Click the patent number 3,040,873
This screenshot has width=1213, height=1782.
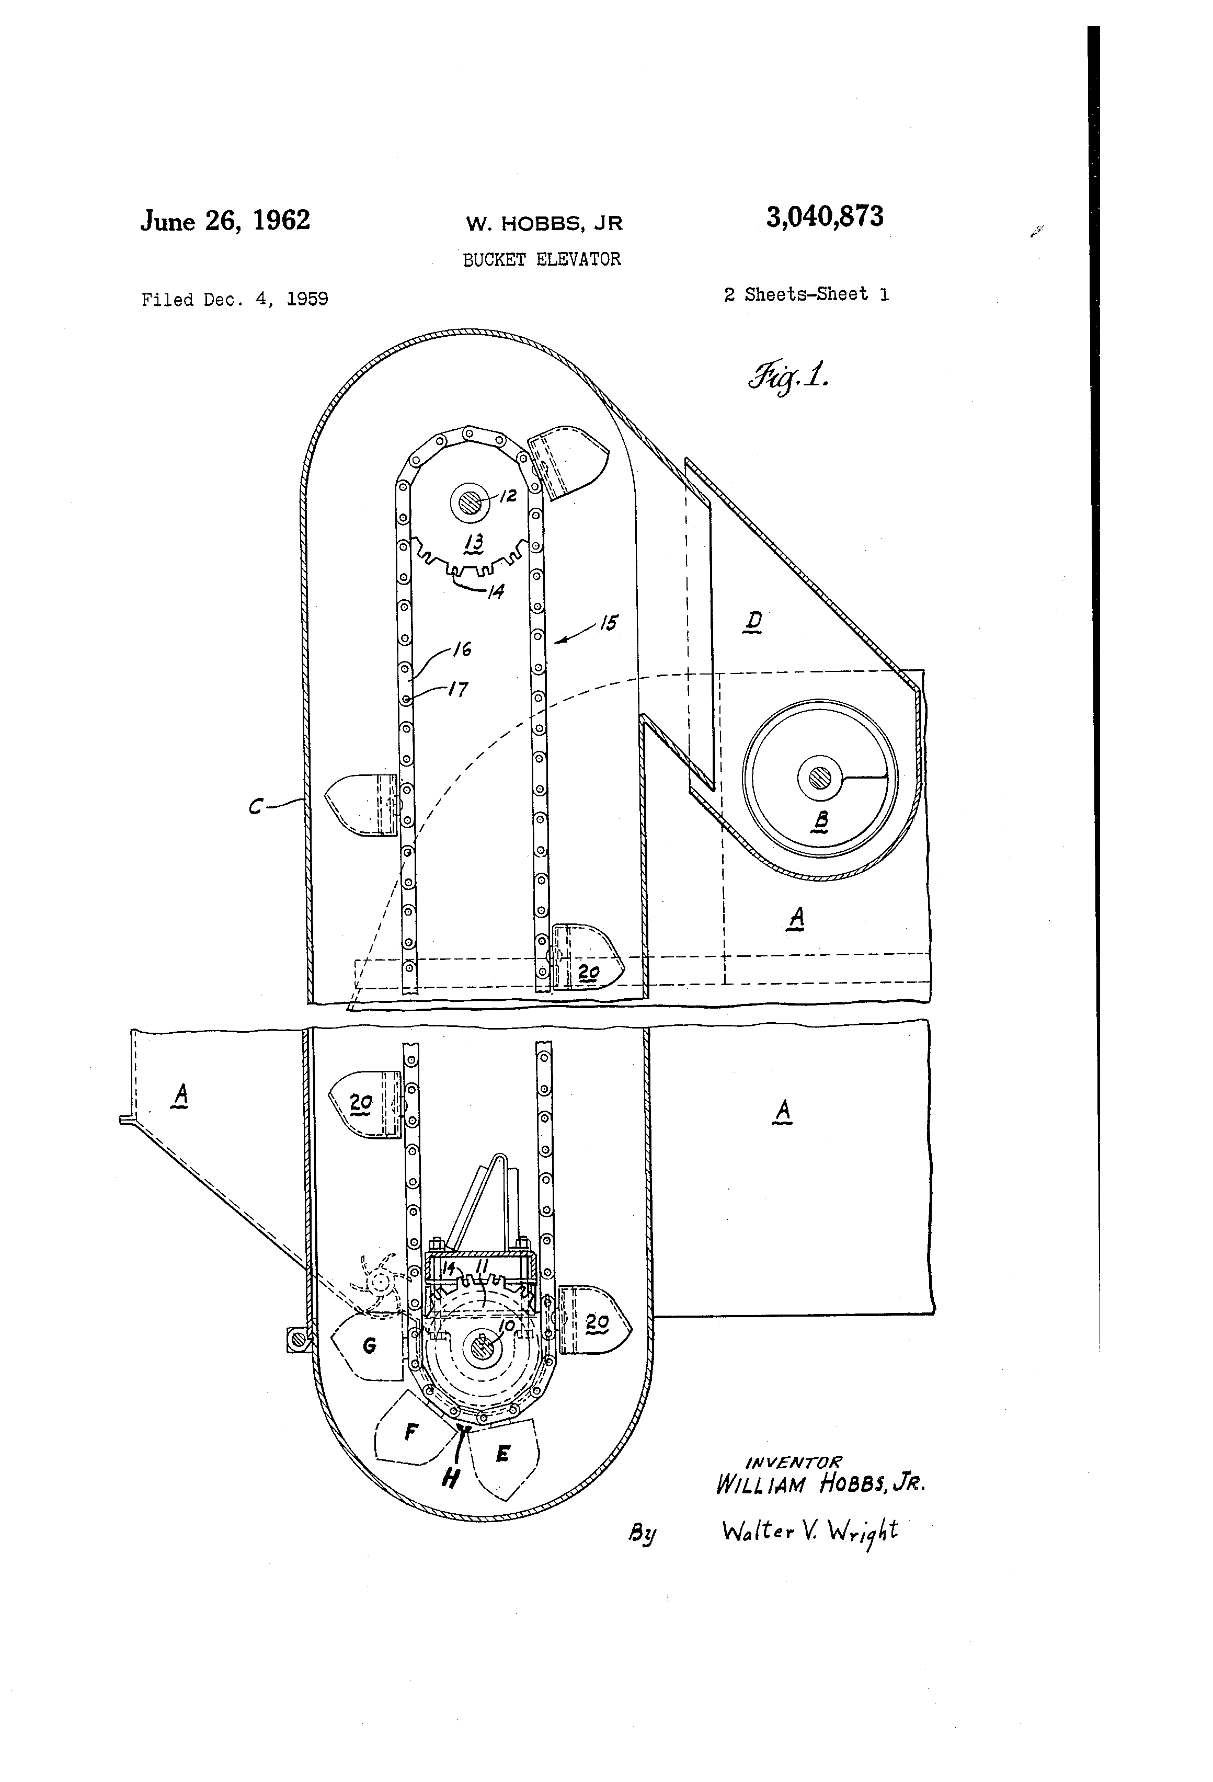point(824,217)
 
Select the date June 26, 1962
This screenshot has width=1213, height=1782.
point(225,221)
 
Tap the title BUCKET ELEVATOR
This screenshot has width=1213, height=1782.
point(541,259)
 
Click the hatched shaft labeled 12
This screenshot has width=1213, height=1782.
point(469,503)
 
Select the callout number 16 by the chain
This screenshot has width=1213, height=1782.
point(462,649)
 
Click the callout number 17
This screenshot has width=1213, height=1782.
point(457,689)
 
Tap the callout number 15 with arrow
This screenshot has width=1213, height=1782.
point(608,623)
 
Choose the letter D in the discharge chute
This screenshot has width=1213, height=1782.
point(754,620)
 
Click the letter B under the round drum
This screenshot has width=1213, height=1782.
point(820,821)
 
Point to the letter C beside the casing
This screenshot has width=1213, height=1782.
point(257,806)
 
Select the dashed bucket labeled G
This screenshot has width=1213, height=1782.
point(369,1345)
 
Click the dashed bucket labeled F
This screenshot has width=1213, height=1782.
point(411,1432)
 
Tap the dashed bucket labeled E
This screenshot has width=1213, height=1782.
point(503,1453)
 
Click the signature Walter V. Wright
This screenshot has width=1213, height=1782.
point(809,1531)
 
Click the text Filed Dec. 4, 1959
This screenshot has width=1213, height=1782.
point(235,299)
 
